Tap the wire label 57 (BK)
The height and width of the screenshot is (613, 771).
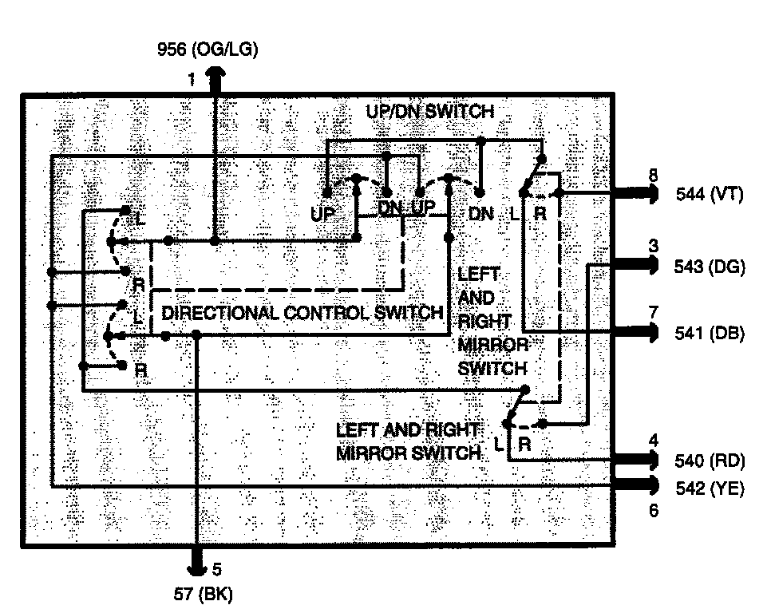click(205, 593)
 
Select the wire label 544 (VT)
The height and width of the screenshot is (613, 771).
click(710, 193)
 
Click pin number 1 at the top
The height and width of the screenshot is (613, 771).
click(192, 80)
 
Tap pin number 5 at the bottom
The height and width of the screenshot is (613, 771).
click(215, 570)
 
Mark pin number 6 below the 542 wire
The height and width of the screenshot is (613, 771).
click(654, 510)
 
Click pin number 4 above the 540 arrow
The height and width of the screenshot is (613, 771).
click(654, 440)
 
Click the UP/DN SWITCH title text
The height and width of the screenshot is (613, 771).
click(429, 112)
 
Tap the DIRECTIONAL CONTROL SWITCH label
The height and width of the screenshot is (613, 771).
click(302, 313)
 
